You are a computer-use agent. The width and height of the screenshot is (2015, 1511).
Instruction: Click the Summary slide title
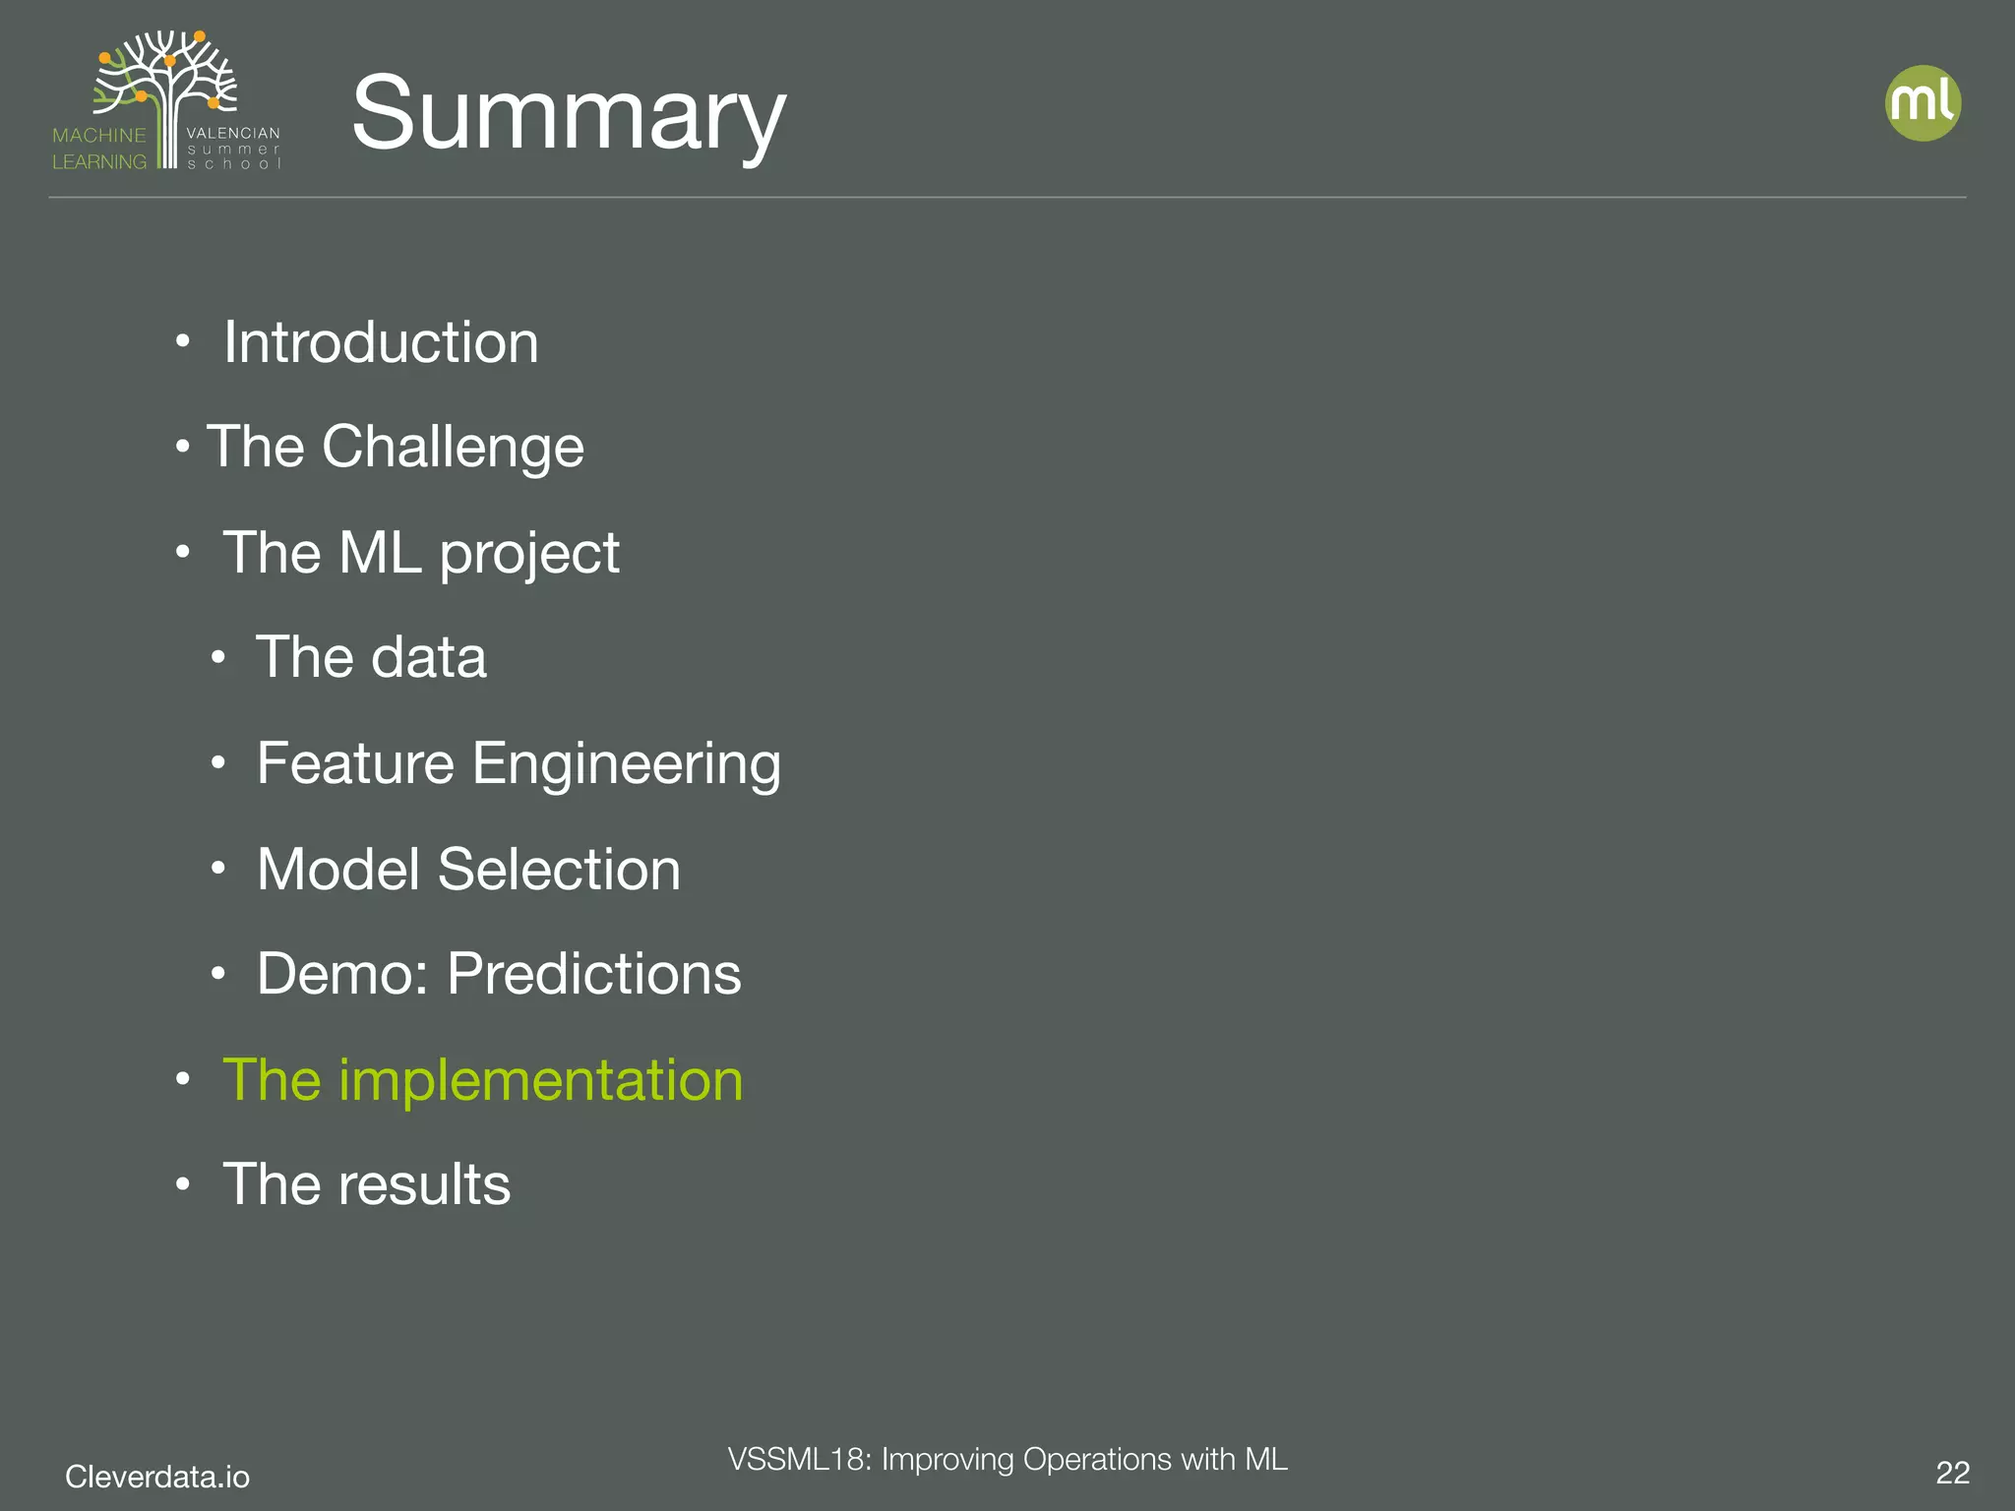(568, 114)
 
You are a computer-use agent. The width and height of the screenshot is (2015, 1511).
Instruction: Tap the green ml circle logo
(1923, 103)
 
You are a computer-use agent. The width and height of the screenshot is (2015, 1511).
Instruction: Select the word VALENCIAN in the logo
(233, 133)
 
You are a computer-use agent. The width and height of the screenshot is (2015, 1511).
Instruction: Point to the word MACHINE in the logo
(99, 136)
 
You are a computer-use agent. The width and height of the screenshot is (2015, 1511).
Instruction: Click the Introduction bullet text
(381, 342)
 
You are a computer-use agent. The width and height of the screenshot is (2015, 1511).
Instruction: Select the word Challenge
(453, 447)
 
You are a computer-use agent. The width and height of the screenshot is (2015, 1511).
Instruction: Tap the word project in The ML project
(529, 553)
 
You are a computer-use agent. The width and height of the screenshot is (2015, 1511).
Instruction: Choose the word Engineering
(627, 763)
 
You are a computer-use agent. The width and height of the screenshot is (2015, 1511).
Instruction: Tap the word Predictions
(594, 974)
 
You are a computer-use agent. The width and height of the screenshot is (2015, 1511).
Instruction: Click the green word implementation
(540, 1080)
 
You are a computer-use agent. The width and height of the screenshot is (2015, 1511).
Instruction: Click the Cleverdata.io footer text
(157, 1477)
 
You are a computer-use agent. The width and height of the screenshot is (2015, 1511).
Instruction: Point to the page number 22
(1952, 1473)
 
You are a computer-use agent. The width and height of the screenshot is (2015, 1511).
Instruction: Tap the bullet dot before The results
(182, 1185)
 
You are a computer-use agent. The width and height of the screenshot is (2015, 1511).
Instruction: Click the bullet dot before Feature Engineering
(218, 763)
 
